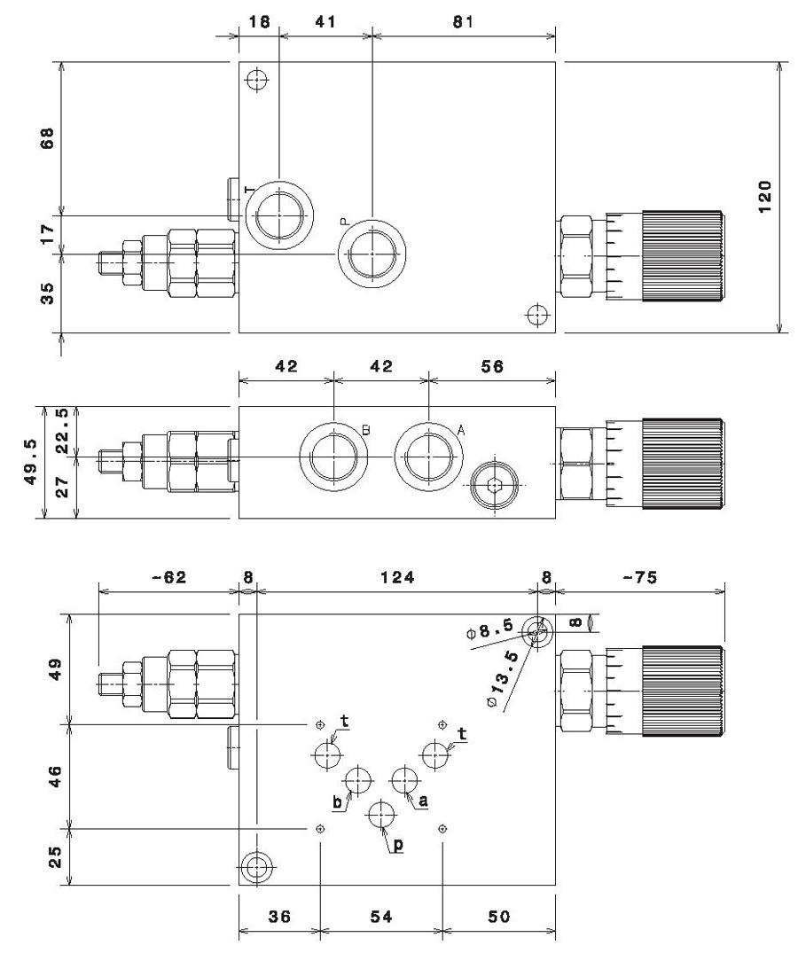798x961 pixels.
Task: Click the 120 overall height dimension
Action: coord(765,196)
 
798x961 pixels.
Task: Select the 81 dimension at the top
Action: coord(464,22)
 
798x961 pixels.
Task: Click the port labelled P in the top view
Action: coord(372,254)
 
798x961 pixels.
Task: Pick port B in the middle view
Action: coord(334,457)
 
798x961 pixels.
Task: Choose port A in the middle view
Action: coord(429,457)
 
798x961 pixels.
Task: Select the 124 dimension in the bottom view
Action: coord(397,577)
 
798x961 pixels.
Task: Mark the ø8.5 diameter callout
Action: coord(489,630)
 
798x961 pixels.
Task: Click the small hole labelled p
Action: coord(382,815)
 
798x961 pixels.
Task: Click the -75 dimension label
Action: coord(640,577)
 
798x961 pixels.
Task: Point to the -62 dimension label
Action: coord(168,577)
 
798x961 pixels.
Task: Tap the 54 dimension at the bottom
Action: coord(380,917)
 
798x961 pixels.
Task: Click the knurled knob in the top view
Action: coord(683,255)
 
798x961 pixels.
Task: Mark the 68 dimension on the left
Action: coord(48,138)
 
